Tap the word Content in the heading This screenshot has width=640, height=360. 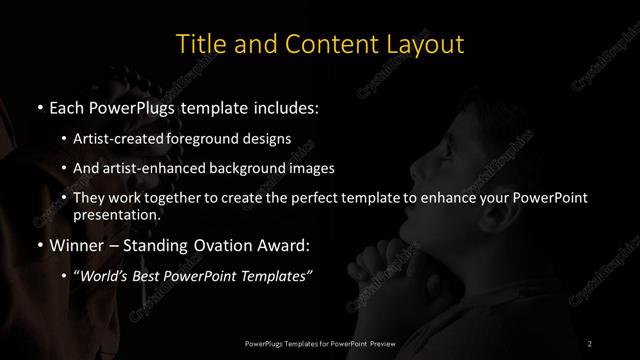click(x=323, y=45)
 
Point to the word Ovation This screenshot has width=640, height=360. click(x=214, y=244)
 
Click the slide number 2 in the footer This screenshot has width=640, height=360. click(x=590, y=343)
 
